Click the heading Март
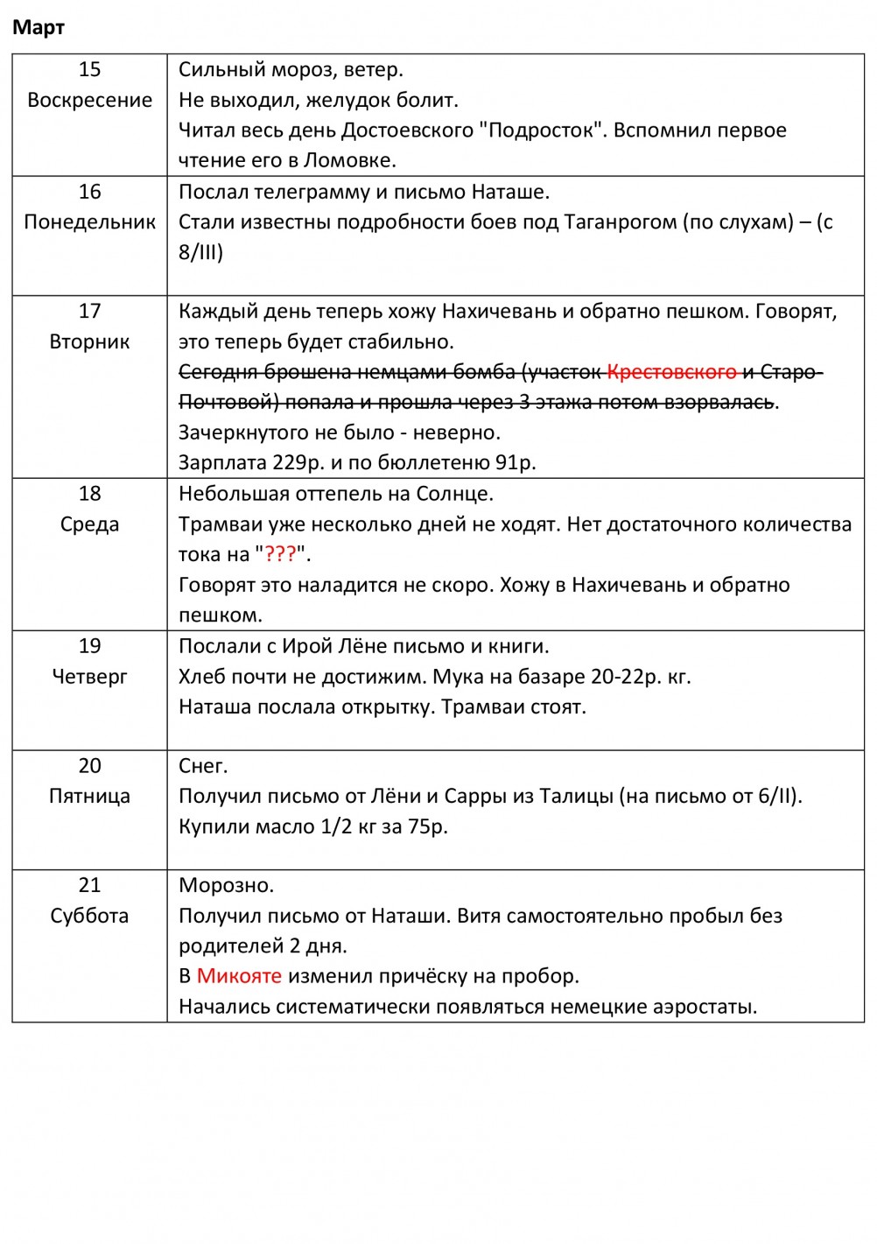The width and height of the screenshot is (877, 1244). [39, 28]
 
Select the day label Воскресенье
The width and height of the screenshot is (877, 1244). [89, 100]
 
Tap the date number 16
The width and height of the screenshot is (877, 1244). [89, 192]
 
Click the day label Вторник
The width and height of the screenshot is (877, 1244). [89, 341]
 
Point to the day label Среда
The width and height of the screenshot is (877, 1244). [89, 524]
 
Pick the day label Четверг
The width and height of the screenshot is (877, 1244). [89, 677]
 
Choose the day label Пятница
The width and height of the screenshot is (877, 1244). [89, 797]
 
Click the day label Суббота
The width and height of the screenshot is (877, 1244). [89, 916]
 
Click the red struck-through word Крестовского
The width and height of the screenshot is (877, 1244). [671, 372]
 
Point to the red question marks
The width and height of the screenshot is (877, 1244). [280, 554]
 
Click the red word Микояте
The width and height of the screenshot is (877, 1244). [239, 976]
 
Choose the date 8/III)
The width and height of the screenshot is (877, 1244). [200, 253]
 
